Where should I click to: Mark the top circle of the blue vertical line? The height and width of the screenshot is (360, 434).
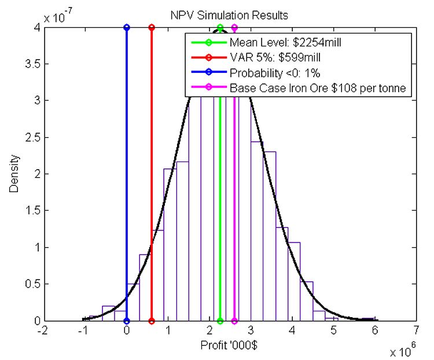[127, 27]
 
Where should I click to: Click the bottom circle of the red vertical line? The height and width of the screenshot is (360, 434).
[152, 321]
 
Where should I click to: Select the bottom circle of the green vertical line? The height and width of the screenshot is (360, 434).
[220, 321]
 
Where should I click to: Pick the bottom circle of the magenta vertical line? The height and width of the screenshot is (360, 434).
[234, 321]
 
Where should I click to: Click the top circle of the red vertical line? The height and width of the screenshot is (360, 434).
[152, 27]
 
